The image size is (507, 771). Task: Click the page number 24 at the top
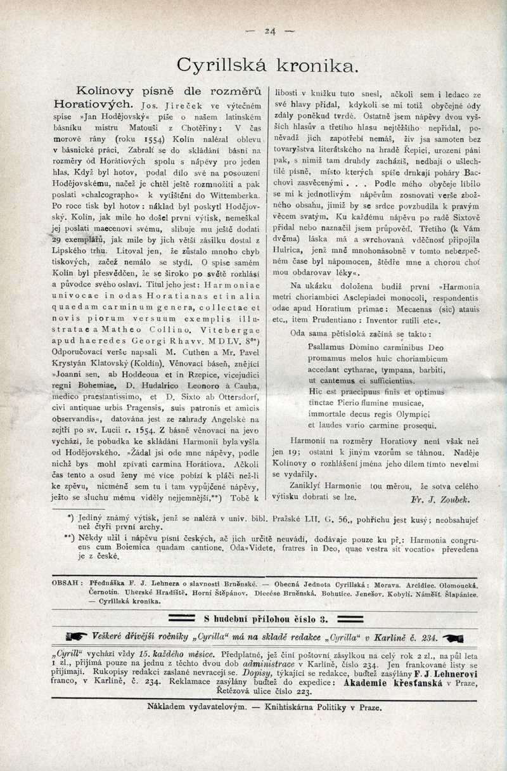click(271, 30)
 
